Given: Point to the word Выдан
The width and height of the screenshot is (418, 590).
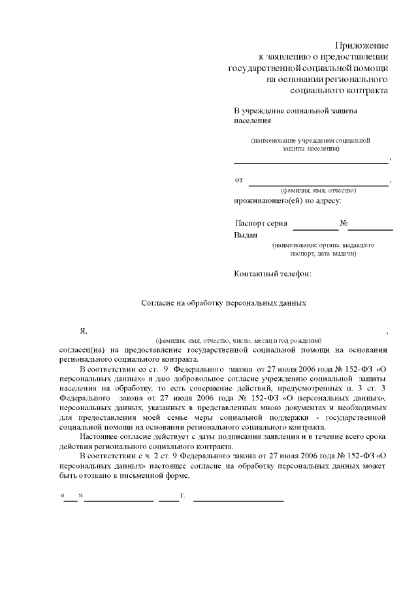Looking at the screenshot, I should click(x=246, y=235).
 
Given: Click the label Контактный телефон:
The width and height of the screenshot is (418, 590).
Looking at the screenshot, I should click(x=272, y=274).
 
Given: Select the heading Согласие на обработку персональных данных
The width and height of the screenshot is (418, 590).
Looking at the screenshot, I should click(x=224, y=303).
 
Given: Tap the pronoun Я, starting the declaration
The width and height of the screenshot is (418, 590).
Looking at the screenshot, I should click(x=83, y=331).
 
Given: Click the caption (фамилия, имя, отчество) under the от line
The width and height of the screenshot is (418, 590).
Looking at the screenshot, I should click(x=317, y=190).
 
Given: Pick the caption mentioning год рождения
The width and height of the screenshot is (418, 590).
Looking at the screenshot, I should click(x=238, y=340).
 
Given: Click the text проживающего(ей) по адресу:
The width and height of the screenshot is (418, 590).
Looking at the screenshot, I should click(x=287, y=200).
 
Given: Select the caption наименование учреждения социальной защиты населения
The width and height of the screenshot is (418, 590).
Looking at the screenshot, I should click(x=311, y=144).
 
